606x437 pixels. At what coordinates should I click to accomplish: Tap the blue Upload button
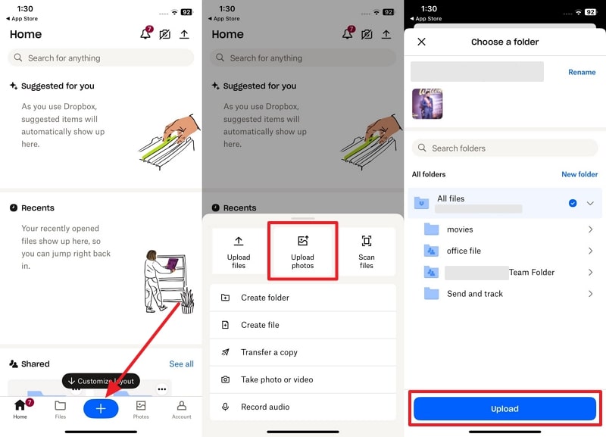pyautogui.click(x=504, y=409)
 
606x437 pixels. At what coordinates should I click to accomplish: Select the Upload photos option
pyautogui.click(x=302, y=251)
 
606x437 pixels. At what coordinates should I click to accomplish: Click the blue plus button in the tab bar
pyautogui.click(x=101, y=409)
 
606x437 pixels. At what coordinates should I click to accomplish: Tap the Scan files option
pyautogui.click(x=367, y=251)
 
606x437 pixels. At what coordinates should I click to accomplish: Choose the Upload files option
pyautogui.click(x=239, y=251)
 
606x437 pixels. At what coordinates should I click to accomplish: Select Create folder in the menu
pyautogui.click(x=265, y=298)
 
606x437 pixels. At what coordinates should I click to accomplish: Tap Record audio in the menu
pyautogui.click(x=265, y=407)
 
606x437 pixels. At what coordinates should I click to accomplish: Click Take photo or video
pyautogui.click(x=276, y=379)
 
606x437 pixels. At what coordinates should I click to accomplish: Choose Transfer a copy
pyautogui.click(x=269, y=352)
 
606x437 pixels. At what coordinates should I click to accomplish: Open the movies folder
pyautogui.click(x=460, y=229)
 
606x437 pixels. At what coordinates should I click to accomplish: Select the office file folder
pyautogui.click(x=464, y=251)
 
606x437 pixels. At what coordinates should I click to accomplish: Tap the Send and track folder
pyautogui.click(x=474, y=294)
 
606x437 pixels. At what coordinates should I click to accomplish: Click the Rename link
pyautogui.click(x=582, y=73)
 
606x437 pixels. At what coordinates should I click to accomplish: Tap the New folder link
pyautogui.click(x=579, y=174)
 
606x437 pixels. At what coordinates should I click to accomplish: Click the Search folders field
pyautogui.click(x=504, y=148)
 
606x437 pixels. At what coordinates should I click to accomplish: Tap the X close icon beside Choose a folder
pyautogui.click(x=422, y=42)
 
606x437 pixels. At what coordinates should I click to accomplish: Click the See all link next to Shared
pyautogui.click(x=181, y=364)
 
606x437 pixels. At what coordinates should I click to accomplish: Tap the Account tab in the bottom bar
pyautogui.click(x=181, y=409)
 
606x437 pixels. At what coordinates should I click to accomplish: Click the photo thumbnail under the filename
pyautogui.click(x=427, y=104)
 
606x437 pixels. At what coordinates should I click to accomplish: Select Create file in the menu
pyautogui.click(x=260, y=325)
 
